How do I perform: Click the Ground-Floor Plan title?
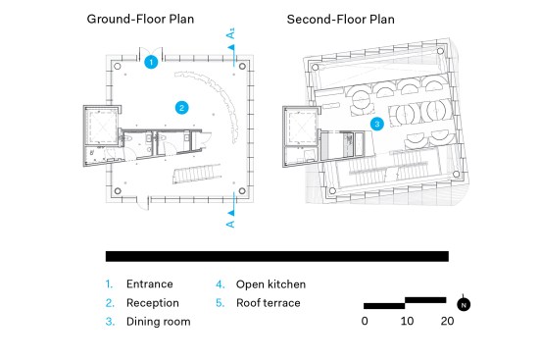click(x=140, y=19)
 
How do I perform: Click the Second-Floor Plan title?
click(x=341, y=20)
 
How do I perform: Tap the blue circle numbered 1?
click(x=151, y=62)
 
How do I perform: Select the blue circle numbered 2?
click(x=182, y=108)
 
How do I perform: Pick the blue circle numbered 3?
click(x=377, y=124)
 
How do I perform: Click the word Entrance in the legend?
click(x=150, y=283)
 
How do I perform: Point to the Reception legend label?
click(x=153, y=303)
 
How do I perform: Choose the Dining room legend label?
click(x=159, y=322)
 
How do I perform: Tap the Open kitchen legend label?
click(x=270, y=284)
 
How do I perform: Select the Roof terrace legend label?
click(x=269, y=303)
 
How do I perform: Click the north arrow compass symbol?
click(x=464, y=304)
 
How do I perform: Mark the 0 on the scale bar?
click(x=365, y=321)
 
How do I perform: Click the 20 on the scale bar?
click(x=447, y=321)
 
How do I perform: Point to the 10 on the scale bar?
click(x=407, y=321)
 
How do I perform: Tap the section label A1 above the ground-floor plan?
click(x=230, y=33)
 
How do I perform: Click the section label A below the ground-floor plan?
click(x=230, y=224)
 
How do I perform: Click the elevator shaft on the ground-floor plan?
click(x=102, y=126)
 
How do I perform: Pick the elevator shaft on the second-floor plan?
click(x=301, y=127)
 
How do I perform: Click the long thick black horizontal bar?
click(x=277, y=256)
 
